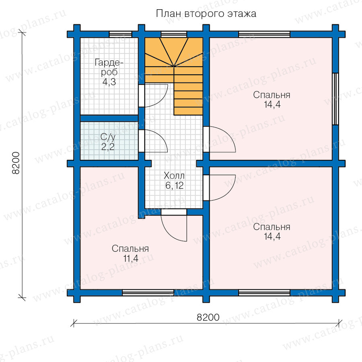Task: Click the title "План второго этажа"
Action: [x=206, y=14]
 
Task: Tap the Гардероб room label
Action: [x=109, y=67]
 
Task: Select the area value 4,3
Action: [x=109, y=82]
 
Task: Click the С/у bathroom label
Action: [x=108, y=137]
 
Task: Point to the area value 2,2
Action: [x=108, y=146]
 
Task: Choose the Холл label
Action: [x=174, y=176]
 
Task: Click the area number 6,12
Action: [x=174, y=185]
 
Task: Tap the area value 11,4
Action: [x=131, y=258]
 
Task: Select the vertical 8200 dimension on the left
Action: [x=16, y=163]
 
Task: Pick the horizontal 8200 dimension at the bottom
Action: [x=208, y=317]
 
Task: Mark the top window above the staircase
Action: [x=174, y=35]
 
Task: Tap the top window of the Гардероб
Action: [x=120, y=35]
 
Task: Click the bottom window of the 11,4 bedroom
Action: [x=148, y=293]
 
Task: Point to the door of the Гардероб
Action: [x=153, y=96]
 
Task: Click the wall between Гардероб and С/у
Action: [x=109, y=118]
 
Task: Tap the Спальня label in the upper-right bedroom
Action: [x=271, y=95]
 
